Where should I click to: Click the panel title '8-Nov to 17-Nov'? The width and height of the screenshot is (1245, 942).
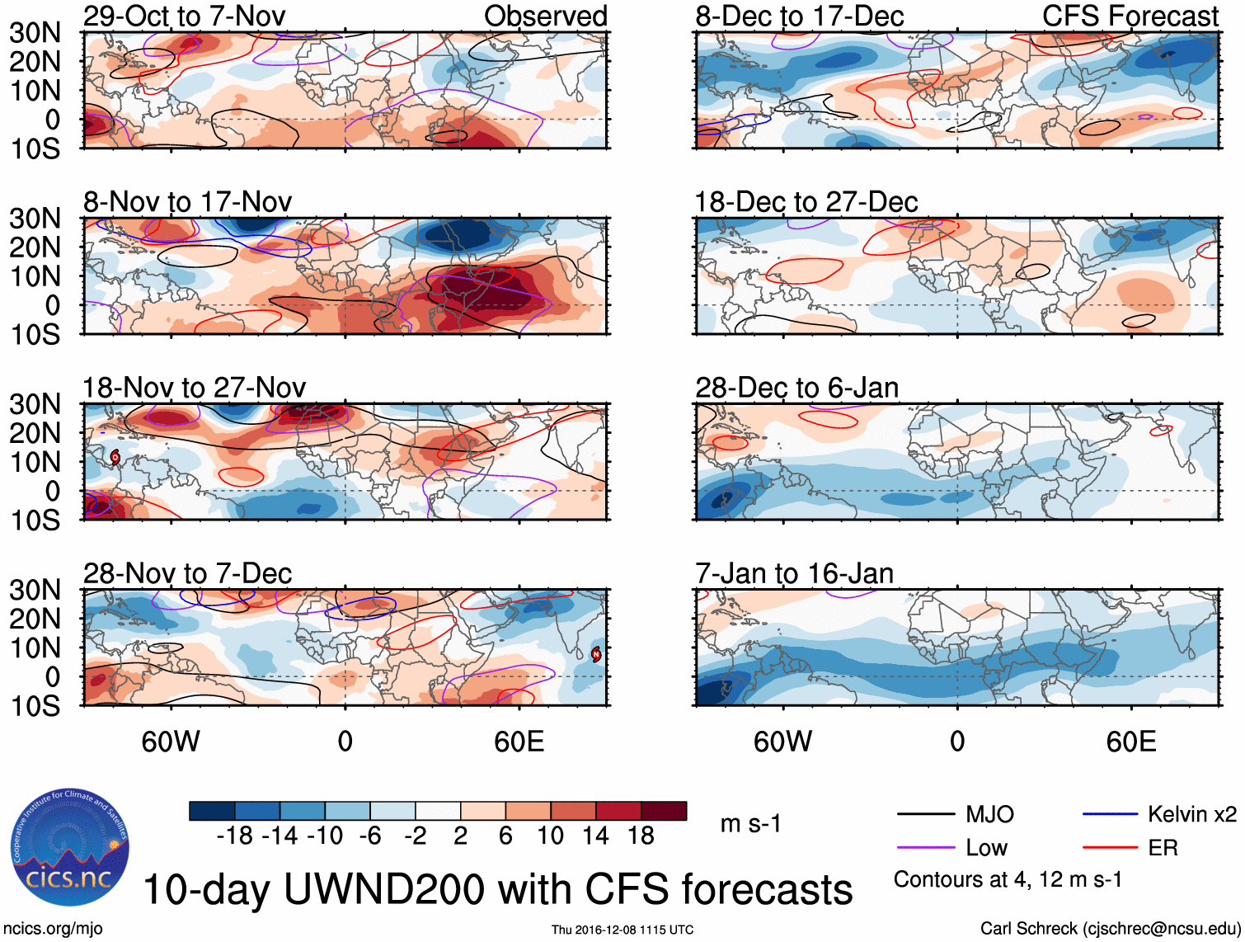(x=187, y=202)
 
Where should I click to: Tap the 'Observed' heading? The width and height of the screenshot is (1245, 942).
(x=545, y=16)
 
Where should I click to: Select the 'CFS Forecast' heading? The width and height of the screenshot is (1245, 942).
(x=1130, y=16)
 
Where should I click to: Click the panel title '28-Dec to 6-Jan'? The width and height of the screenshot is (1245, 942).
(x=796, y=388)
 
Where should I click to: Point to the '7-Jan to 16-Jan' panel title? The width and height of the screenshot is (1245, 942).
(x=794, y=573)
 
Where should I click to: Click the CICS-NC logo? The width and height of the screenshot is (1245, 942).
(x=69, y=848)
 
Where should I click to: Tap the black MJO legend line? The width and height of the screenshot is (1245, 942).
(x=925, y=815)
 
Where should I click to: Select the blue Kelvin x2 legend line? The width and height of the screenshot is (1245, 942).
(x=1110, y=815)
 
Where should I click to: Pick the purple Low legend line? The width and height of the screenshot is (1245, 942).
(x=925, y=848)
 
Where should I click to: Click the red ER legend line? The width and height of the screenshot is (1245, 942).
(x=1110, y=848)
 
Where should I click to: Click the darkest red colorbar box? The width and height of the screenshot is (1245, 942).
(x=664, y=811)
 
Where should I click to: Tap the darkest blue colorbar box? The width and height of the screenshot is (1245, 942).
(x=212, y=811)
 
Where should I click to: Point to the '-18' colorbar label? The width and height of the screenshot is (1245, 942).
(x=235, y=836)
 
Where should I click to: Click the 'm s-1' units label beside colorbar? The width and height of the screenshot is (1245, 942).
(x=750, y=824)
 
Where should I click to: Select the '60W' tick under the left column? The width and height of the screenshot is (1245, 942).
(x=171, y=742)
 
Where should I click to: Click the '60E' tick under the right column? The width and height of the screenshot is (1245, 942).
(x=1130, y=742)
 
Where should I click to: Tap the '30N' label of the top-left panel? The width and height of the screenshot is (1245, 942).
(x=35, y=33)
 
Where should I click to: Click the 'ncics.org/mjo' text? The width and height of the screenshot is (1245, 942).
(x=53, y=929)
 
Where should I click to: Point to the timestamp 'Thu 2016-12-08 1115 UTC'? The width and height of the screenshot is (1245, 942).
(x=622, y=930)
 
